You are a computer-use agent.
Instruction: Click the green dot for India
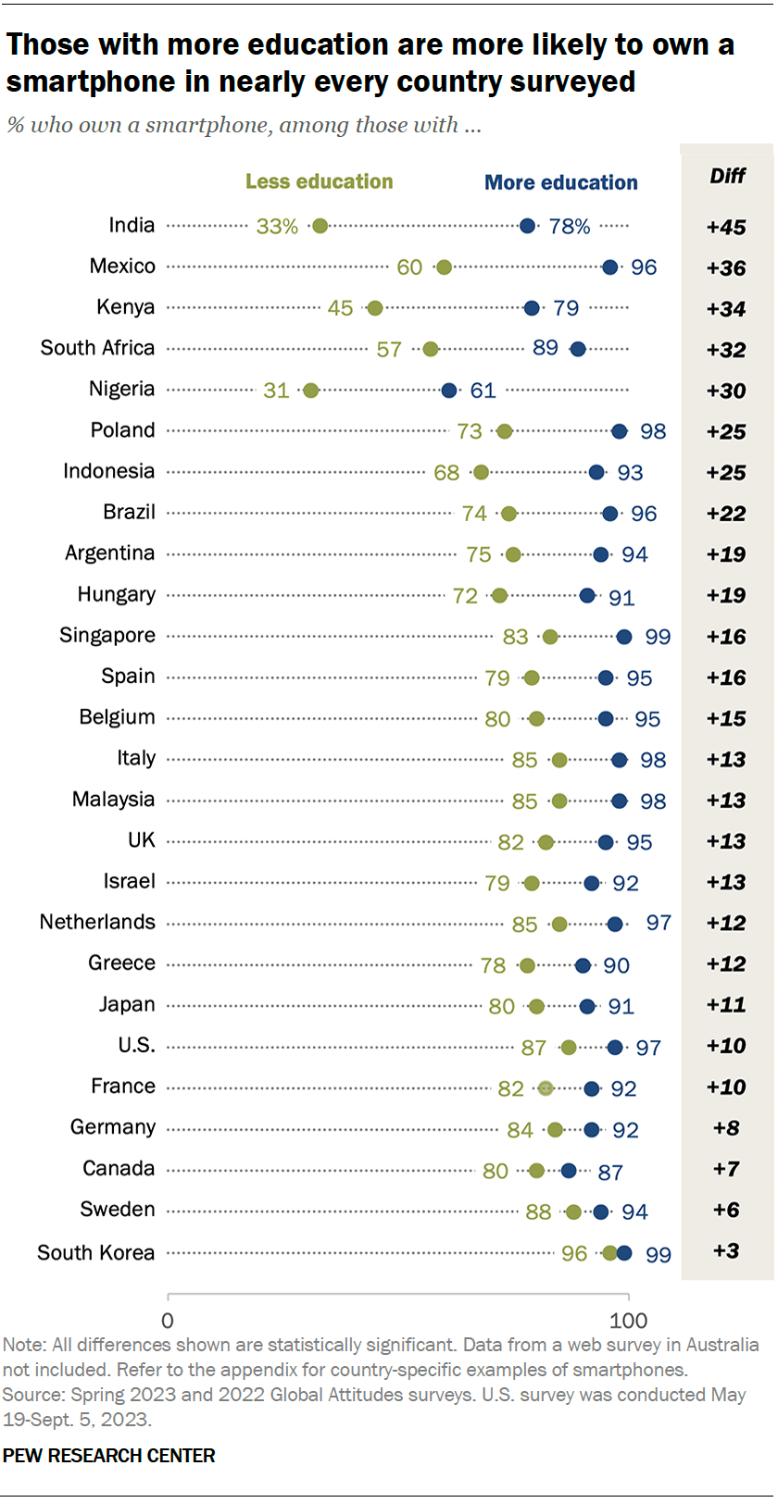click(x=320, y=226)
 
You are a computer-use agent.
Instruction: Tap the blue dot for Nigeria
click(x=449, y=391)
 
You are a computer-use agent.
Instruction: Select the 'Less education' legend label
click(x=319, y=181)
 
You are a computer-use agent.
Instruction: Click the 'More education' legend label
click(x=561, y=182)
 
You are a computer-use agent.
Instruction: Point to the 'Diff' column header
click(x=727, y=176)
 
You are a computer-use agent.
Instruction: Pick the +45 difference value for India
click(x=726, y=227)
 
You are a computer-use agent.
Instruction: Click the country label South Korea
click(x=96, y=1252)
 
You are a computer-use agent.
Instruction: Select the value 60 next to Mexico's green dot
click(x=409, y=267)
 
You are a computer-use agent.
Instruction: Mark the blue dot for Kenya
click(x=532, y=308)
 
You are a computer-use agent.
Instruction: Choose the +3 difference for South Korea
click(x=726, y=1251)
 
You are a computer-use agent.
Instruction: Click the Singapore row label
click(x=107, y=635)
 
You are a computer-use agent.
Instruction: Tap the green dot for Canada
click(x=536, y=1171)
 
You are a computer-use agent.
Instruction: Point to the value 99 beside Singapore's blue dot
click(x=658, y=637)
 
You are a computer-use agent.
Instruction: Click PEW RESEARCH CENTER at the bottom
click(x=108, y=1455)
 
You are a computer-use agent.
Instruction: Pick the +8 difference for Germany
click(x=726, y=1127)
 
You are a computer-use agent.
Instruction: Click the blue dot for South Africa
click(x=578, y=349)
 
